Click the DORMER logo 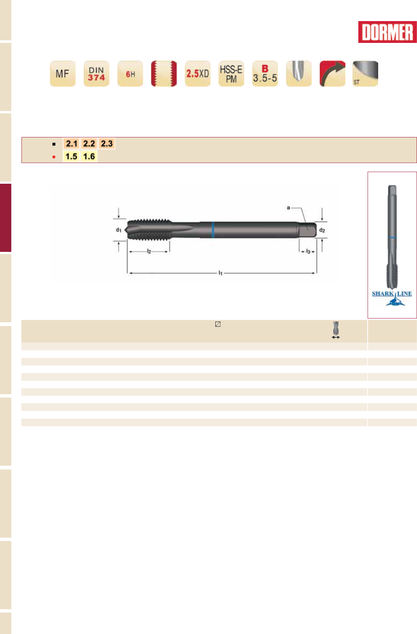[387, 32]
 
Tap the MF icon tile [63, 73]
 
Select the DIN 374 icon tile [97, 73]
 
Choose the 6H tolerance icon [130, 73]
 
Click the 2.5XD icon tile [198, 73]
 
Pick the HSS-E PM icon [231, 73]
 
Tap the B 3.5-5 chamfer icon [265, 73]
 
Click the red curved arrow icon [333, 73]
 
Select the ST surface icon [365, 73]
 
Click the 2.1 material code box [71, 144]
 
